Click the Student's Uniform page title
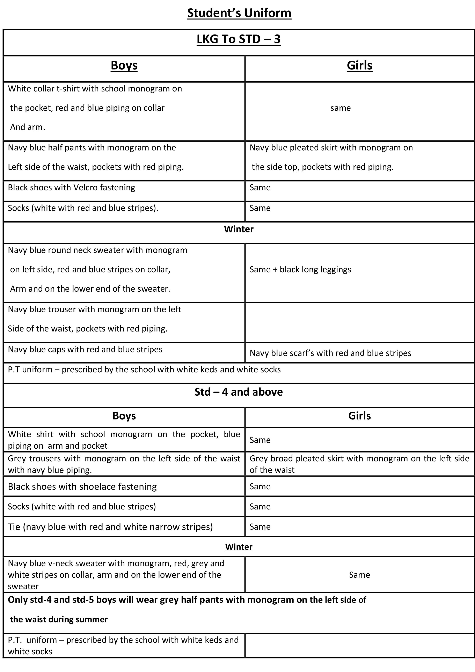coord(239,13)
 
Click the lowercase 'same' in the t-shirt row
coord(340,108)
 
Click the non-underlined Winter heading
coord(239,229)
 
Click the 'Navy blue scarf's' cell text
coord(330,353)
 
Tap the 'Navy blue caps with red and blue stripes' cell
coord(85,350)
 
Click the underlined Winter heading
coord(239,547)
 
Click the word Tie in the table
coord(14,527)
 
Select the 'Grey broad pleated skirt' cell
coord(359,464)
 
